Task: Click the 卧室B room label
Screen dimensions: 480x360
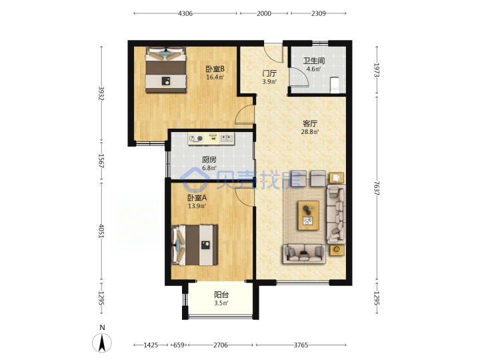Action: tap(215, 69)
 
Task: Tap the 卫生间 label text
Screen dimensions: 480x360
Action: tap(314, 61)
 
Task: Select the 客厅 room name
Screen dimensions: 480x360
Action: tap(310, 123)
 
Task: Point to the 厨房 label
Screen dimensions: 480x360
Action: tap(209, 159)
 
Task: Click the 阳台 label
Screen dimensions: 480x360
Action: tap(221, 295)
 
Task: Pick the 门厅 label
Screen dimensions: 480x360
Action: tap(269, 73)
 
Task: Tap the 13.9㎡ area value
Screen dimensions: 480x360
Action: tap(197, 206)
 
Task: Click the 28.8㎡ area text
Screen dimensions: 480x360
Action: tap(310, 132)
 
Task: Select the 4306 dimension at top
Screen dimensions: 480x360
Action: tap(185, 13)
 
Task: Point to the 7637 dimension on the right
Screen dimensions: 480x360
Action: tap(377, 188)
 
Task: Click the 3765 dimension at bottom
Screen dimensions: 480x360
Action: tap(301, 345)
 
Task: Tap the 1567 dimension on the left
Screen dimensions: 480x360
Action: tap(101, 161)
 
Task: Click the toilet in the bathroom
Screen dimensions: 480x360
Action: tap(335, 85)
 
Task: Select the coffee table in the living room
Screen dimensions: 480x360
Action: tap(309, 215)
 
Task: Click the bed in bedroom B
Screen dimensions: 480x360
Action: tap(166, 70)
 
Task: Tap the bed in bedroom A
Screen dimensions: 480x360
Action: tap(195, 245)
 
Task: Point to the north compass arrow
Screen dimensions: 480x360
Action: tap(102, 342)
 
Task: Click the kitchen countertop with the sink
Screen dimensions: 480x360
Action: tap(211, 139)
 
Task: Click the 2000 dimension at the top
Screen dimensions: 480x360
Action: tap(264, 13)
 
